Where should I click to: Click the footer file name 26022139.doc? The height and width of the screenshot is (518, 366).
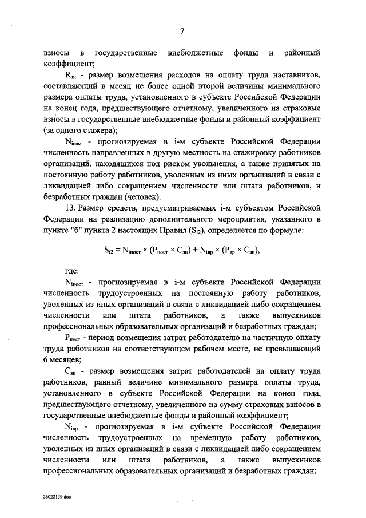(57, 496)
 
